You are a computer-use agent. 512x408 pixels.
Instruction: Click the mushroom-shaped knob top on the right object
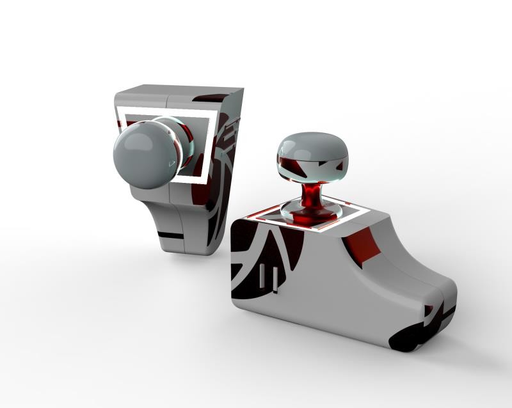coord(312,147)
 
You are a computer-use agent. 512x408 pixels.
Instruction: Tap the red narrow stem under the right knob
coord(312,194)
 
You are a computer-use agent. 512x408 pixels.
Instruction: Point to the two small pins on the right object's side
coord(271,279)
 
